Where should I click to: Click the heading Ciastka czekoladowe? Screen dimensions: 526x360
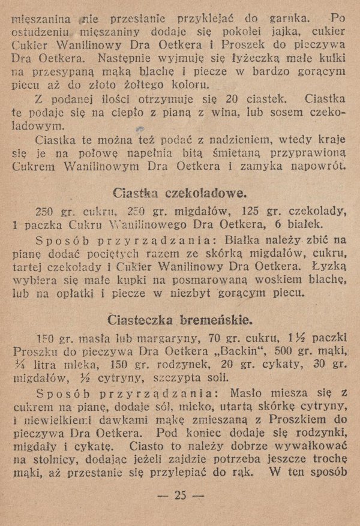pyautogui.click(x=179, y=194)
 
